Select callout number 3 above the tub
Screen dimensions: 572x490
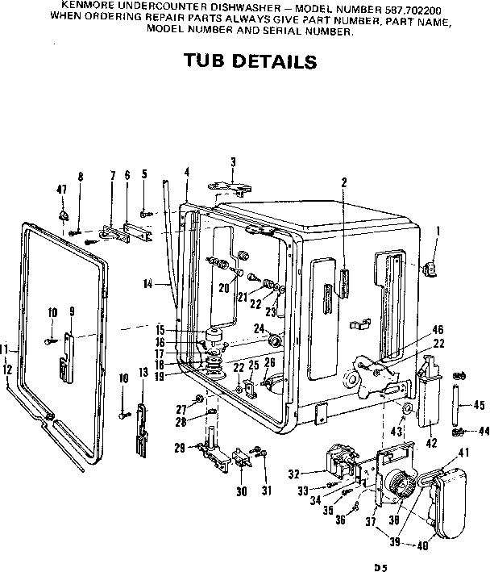click(x=232, y=162)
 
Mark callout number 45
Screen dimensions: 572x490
click(x=478, y=405)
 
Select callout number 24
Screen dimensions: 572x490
click(x=260, y=328)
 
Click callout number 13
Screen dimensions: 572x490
click(x=143, y=372)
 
